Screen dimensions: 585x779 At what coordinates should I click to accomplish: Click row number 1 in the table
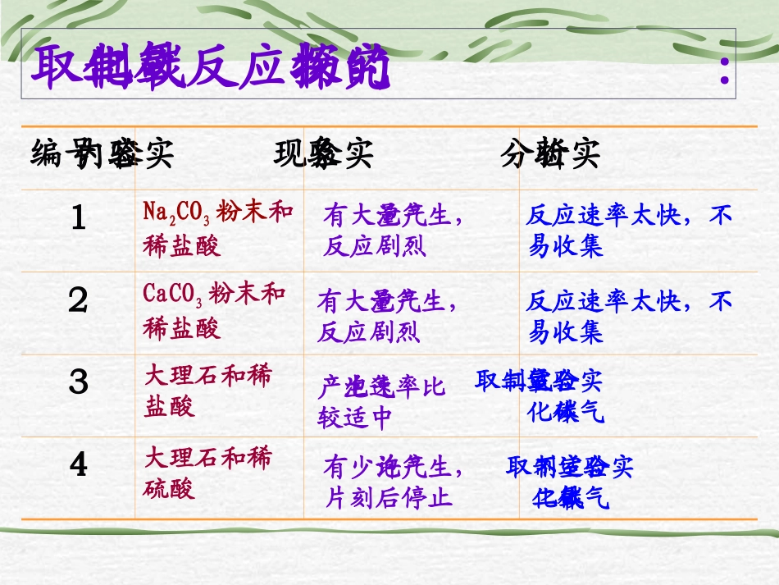(x=79, y=218)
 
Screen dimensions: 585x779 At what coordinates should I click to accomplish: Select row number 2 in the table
(x=79, y=301)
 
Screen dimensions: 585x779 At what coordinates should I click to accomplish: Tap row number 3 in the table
(x=79, y=382)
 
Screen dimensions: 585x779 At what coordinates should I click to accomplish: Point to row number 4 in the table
(x=79, y=465)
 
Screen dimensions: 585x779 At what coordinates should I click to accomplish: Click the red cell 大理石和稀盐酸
(x=207, y=391)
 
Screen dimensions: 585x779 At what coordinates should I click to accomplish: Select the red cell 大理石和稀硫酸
(x=207, y=473)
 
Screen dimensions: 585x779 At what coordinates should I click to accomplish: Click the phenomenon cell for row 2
(x=393, y=317)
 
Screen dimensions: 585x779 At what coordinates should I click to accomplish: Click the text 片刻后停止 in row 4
(x=389, y=497)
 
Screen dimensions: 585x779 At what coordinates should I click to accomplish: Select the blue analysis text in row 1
(x=629, y=231)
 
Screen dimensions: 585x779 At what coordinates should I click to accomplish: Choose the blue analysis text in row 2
(x=629, y=317)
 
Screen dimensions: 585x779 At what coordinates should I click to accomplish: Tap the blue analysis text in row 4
(x=570, y=482)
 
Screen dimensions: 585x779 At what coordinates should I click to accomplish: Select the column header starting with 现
(x=323, y=154)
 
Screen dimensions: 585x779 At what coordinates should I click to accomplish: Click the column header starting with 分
(x=550, y=154)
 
